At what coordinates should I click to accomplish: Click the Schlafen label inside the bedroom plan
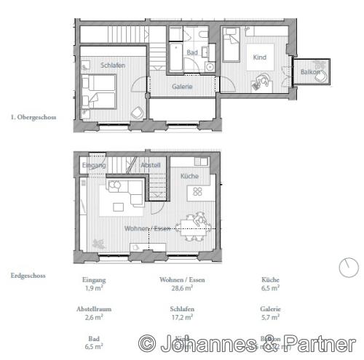pos(113,65)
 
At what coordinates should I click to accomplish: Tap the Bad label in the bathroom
pos(192,53)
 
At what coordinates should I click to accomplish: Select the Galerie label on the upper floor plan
pos(182,87)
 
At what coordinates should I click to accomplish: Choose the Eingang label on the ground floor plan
pos(94,166)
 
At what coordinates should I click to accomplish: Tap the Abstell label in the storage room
pos(151,166)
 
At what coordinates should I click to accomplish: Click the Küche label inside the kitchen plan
pos(190,176)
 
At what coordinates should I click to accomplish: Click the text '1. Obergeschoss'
pos(34,116)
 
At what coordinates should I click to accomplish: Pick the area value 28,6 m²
pos(176,288)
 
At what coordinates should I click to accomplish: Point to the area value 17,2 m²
pos(176,316)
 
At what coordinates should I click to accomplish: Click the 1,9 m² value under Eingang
pos(95,288)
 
